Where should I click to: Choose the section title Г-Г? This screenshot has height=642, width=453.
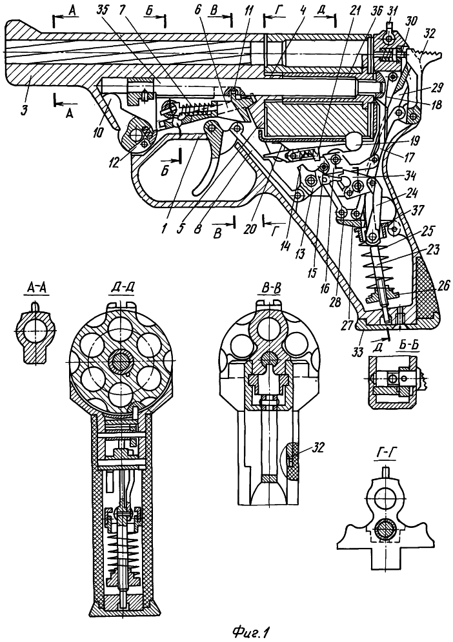(385, 455)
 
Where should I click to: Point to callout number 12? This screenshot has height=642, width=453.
(114, 163)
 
